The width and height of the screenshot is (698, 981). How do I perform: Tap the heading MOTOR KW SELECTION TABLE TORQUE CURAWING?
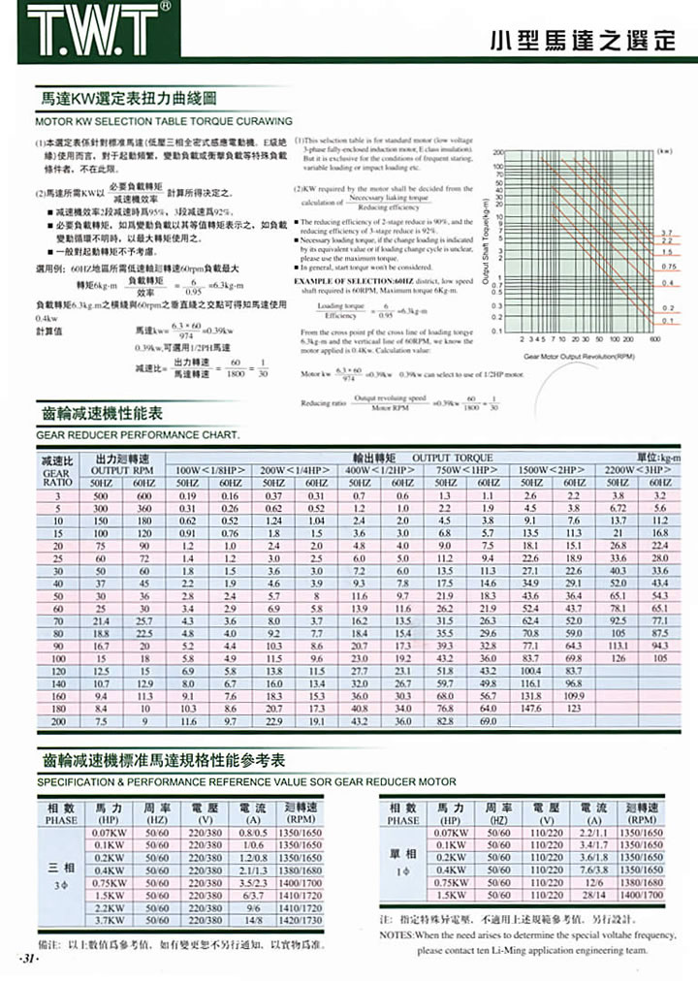pos(162,122)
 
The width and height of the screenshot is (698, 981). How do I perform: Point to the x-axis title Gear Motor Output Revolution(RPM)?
pos(579,356)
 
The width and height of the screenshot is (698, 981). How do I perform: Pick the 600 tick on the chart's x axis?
pos(655,341)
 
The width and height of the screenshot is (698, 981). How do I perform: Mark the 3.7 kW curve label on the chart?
pos(667,234)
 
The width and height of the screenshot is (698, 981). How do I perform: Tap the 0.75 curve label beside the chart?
pos(667,265)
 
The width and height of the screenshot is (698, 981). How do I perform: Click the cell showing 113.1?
pos(619,644)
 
